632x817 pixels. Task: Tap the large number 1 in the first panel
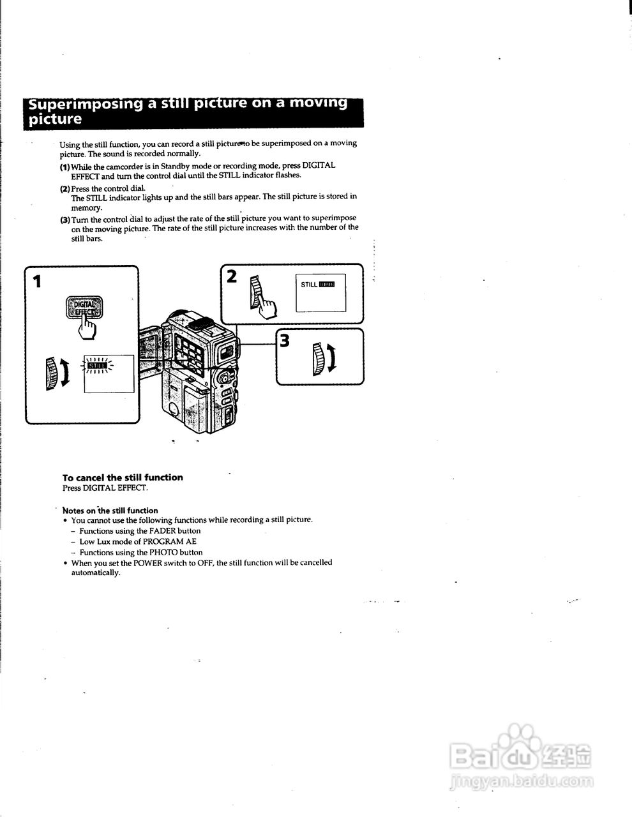pos(38,281)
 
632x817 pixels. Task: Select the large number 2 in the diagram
pos(232,276)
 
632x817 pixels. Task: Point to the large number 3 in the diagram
pos(285,341)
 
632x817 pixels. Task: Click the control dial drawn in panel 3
pos(319,357)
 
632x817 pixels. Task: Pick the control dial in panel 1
pos(51,373)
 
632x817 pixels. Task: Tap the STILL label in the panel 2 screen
pos(309,285)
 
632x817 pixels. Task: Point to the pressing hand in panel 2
pos(268,309)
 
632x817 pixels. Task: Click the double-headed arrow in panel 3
pos(332,358)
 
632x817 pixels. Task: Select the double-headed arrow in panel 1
pos(64,373)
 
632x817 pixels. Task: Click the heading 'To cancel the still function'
pos(123,477)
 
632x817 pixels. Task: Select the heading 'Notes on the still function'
pos(110,511)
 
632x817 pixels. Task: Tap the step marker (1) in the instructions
pos(64,167)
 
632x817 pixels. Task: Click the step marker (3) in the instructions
pos(64,220)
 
